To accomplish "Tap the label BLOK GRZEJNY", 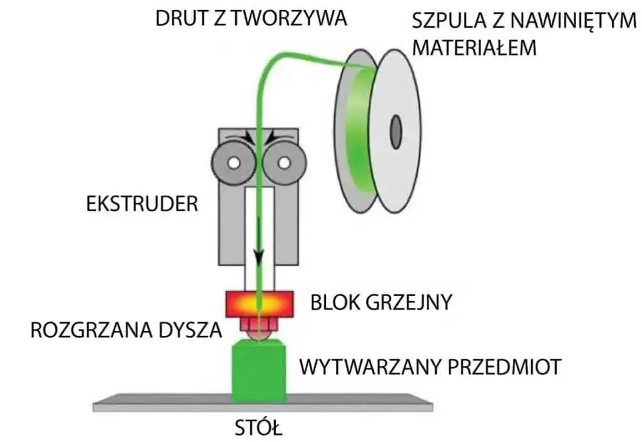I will tap(381, 302).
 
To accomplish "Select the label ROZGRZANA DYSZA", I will tap(126, 330).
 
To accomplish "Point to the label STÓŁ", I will tap(259, 429).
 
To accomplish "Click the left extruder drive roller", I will tap(233, 164).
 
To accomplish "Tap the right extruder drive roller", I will tap(283, 164).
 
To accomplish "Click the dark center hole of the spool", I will tap(396, 132).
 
